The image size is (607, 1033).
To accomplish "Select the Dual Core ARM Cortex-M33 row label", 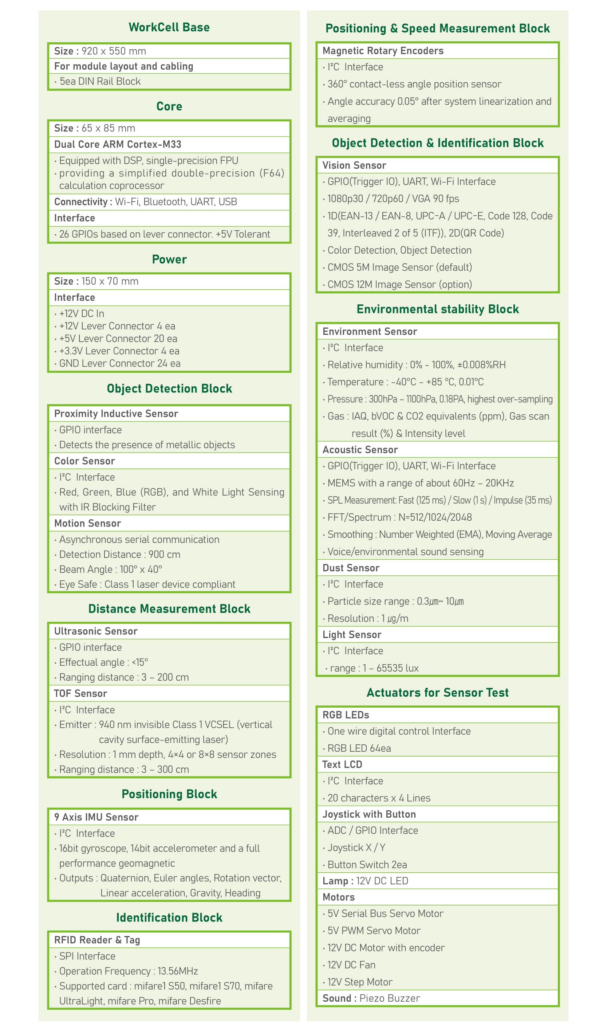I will [x=118, y=144].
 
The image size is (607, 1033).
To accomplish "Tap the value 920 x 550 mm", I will [x=114, y=51].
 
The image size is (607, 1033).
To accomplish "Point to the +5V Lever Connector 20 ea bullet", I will [x=118, y=339].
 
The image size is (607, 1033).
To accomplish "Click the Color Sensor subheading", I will [x=84, y=461].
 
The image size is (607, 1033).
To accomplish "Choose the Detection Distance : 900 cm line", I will [x=119, y=555].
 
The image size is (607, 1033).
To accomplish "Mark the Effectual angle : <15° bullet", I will [x=104, y=662].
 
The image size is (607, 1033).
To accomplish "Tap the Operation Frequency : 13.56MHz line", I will [x=129, y=971].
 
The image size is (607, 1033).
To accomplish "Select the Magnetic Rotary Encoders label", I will [x=383, y=51].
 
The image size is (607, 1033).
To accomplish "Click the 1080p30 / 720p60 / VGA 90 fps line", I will [x=393, y=199].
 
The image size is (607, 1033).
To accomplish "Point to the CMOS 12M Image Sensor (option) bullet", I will [x=399, y=285].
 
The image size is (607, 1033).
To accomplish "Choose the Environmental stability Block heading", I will [x=437, y=309].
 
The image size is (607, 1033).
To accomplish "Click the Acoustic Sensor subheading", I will [x=360, y=450].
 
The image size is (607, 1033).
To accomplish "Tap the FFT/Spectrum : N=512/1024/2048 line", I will [x=399, y=518].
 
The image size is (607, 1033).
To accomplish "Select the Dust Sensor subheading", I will [x=351, y=568].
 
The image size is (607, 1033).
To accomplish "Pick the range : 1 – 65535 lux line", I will [x=374, y=668].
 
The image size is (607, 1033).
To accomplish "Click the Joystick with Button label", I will [x=368, y=814].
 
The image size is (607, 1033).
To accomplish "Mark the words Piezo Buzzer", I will [x=389, y=998].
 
